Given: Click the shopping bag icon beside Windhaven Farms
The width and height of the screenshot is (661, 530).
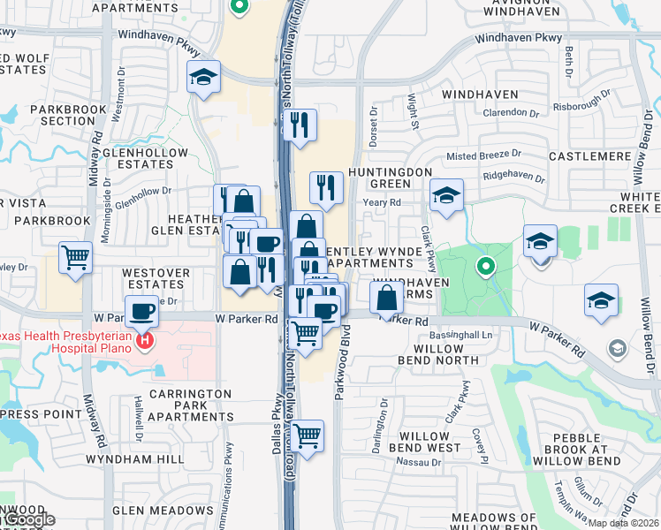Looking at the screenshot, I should (x=387, y=296).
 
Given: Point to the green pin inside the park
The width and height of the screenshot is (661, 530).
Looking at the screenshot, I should (x=485, y=264).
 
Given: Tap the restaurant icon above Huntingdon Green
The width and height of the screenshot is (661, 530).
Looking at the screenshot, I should (x=326, y=187).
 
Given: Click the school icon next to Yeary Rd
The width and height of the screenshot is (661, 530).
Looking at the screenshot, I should (x=447, y=196).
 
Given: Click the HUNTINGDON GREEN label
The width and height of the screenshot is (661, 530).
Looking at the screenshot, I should (x=391, y=178).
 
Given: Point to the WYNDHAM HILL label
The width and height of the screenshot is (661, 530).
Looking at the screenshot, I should (x=135, y=459).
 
